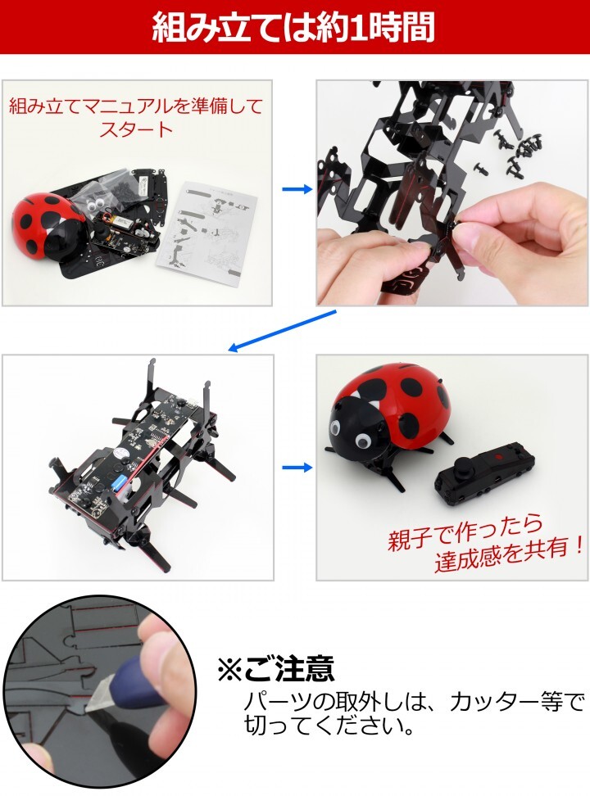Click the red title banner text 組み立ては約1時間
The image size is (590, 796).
coord(294,27)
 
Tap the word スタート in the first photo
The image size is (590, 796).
coord(136,129)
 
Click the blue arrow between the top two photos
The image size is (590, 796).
coord(297,189)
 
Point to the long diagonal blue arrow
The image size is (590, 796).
coord(282,331)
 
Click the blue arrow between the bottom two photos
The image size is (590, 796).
coord(297,467)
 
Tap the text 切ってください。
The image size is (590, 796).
coord(329,725)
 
